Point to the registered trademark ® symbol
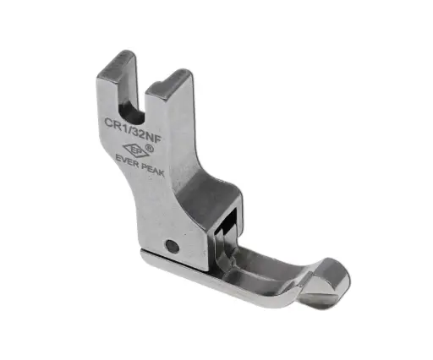(x=150, y=149)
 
